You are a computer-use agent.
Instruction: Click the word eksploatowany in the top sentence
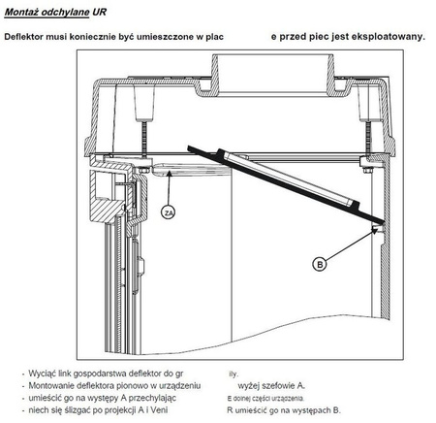coord(387,37)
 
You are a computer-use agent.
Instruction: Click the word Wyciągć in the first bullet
coord(45,373)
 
